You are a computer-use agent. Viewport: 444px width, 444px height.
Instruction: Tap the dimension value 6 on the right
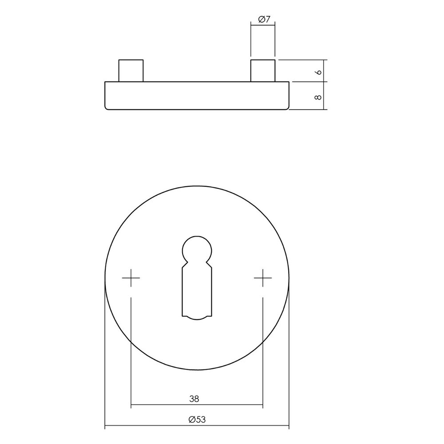(x=317, y=71)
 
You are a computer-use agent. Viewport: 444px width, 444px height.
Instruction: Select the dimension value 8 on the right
(x=317, y=95)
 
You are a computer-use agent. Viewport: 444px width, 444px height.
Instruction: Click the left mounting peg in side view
(x=131, y=70)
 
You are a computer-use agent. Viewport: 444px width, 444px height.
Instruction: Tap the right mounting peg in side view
(x=263, y=70)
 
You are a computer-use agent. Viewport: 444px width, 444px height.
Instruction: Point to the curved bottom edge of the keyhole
(x=197, y=317)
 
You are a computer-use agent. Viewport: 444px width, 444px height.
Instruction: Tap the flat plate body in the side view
(x=197, y=95)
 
